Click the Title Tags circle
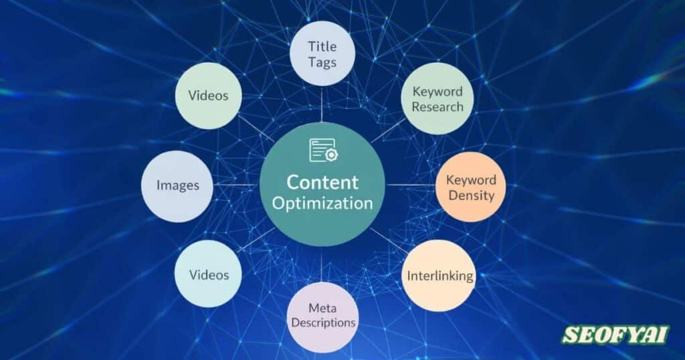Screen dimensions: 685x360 click(x=322, y=53)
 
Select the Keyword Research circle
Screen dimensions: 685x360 click(x=437, y=100)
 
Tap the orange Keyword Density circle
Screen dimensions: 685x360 click(x=470, y=187)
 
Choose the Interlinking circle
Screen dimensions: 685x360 click(x=439, y=276)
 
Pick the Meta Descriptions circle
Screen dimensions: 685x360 click(x=322, y=315)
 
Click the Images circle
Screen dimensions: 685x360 click(x=177, y=185)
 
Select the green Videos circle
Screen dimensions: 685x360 click(x=208, y=96)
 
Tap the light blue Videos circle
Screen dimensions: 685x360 click(x=208, y=274)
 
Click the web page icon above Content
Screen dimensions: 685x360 click(x=322, y=150)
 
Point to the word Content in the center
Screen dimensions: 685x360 click(x=322, y=182)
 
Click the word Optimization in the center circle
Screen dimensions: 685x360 click(x=322, y=203)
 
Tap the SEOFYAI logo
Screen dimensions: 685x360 click(x=615, y=335)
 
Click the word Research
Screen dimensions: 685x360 click(x=437, y=107)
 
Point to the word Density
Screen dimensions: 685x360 click(x=471, y=195)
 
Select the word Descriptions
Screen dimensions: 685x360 click(x=322, y=323)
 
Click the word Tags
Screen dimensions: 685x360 click(x=322, y=62)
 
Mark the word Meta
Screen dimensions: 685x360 click(x=322, y=308)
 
